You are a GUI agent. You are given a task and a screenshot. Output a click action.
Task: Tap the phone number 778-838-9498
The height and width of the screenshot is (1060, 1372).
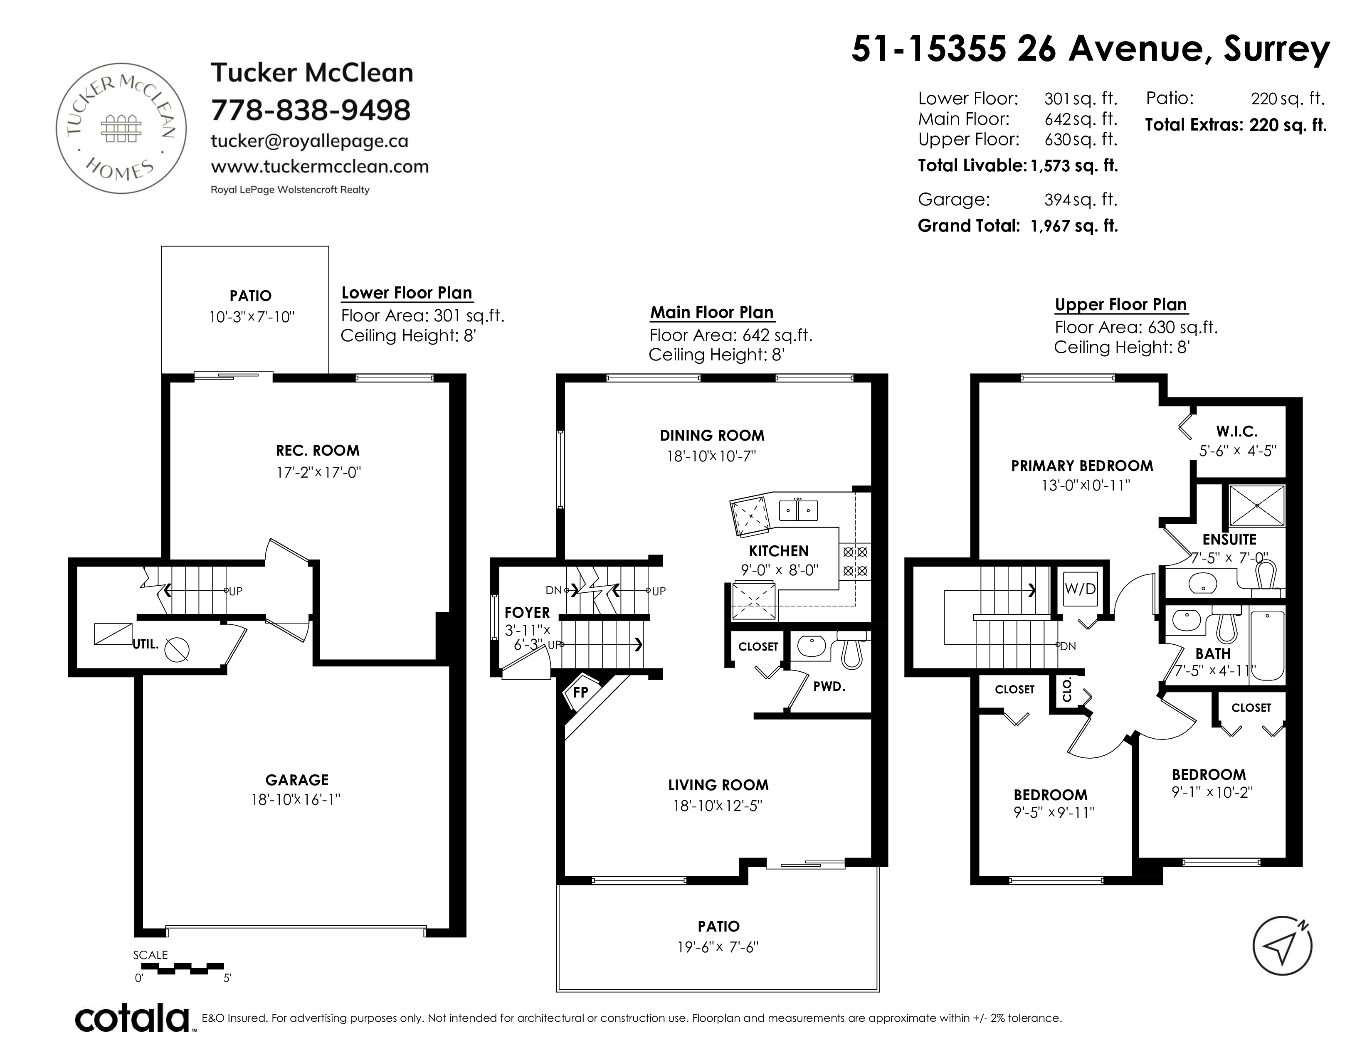310,110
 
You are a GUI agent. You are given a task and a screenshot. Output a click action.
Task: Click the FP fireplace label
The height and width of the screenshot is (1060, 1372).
580,692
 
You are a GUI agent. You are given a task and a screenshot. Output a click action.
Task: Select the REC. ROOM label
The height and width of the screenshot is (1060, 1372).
318,450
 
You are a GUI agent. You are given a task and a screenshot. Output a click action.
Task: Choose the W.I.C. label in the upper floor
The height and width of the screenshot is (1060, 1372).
1237,431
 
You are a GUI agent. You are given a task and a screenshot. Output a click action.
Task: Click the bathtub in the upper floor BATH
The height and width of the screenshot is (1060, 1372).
1268,646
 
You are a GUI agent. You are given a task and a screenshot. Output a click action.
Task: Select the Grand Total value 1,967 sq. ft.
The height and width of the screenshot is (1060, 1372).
1074,226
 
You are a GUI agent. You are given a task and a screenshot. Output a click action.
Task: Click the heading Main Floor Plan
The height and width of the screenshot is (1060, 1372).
712,312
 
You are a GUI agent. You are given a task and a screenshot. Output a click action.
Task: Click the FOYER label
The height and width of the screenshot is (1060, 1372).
527,612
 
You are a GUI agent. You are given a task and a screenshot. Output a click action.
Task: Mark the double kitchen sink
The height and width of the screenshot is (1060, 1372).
798,510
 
